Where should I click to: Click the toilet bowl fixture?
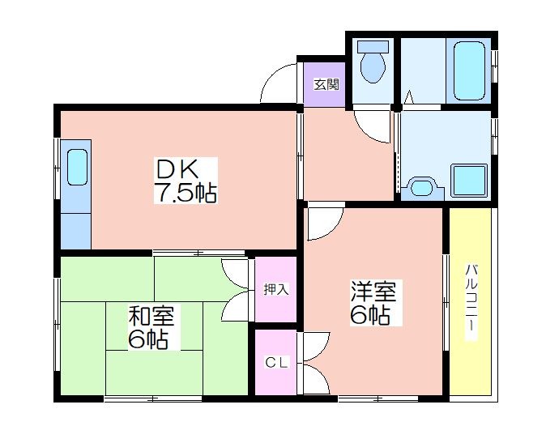[373, 68]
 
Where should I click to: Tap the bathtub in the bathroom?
[469, 71]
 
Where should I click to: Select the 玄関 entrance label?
[326, 84]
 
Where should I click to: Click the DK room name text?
[177, 169]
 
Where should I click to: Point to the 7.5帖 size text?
[186, 193]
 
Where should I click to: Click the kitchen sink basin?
[77, 167]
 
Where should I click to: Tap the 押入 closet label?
[276, 290]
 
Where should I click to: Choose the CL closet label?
[276, 363]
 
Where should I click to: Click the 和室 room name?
[151, 317]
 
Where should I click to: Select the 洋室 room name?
[373, 292]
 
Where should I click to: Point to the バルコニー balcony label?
[471, 302]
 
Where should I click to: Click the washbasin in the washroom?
[422, 188]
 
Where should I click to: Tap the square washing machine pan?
[469, 180]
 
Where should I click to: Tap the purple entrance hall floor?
[325, 84]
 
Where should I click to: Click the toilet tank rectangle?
[373, 47]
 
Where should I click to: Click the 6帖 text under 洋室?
[369, 316]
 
